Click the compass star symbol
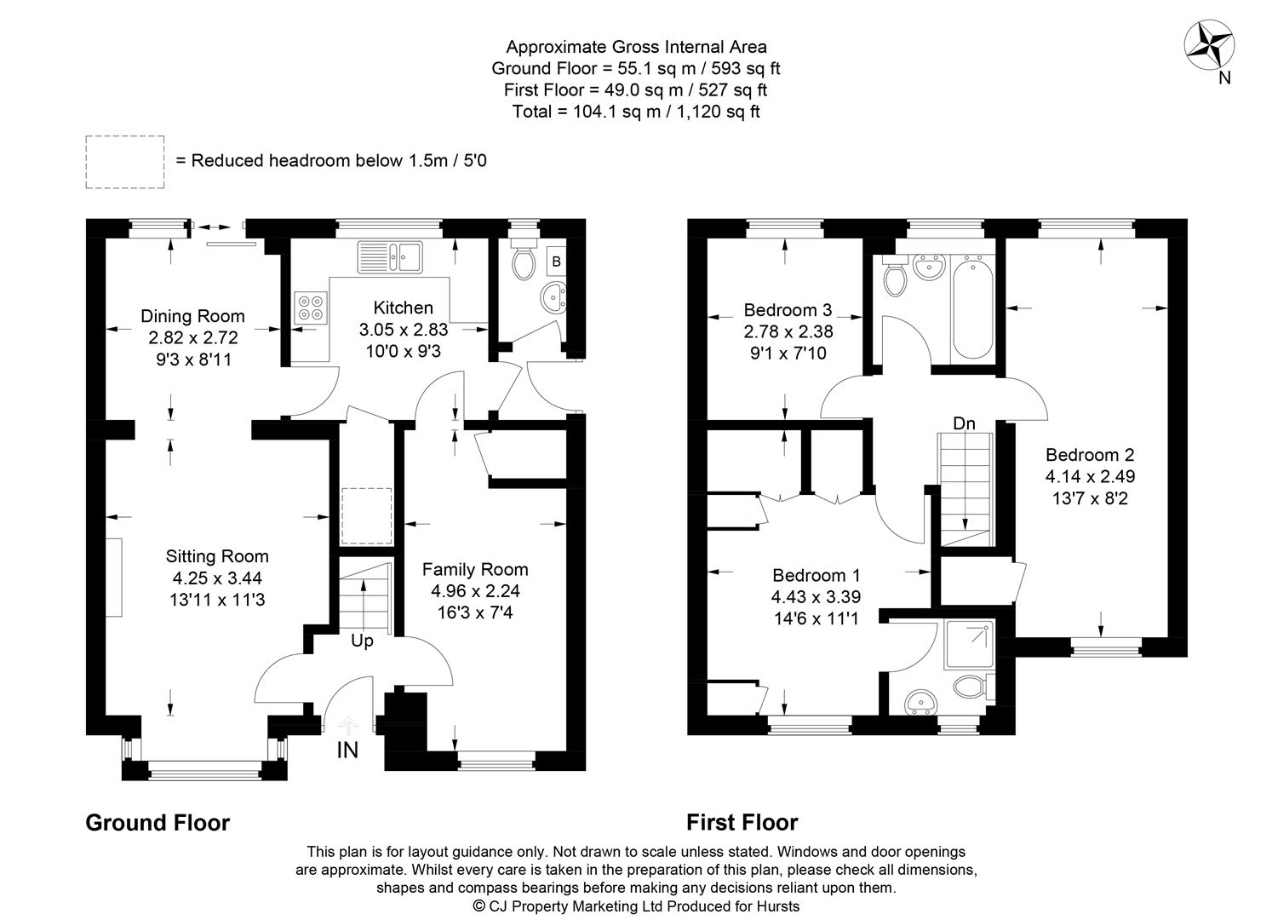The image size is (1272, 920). [x=1209, y=45]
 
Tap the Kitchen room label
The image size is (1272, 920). [x=404, y=308]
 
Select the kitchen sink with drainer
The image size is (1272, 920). [x=390, y=257]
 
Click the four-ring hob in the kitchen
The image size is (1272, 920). [x=311, y=308]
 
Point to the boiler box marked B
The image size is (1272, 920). [x=557, y=262]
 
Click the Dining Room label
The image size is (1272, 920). [x=192, y=316]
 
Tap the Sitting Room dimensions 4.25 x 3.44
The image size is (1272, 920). [x=217, y=578]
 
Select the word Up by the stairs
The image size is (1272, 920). [x=363, y=641]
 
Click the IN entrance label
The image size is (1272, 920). [x=347, y=750]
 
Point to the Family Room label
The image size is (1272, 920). [x=475, y=569]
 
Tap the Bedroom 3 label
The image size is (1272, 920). [x=788, y=310]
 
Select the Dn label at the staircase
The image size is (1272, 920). [x=965, y=423]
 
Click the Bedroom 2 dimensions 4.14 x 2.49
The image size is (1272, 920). [x=1091, y=476]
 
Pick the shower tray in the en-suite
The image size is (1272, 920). [x=970, y=644]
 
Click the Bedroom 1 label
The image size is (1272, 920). [x=816, y=575]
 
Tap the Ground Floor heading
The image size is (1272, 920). [x=158, y=823]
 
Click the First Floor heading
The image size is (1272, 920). [x=742, y=822]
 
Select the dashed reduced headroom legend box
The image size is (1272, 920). [x=125, y=162]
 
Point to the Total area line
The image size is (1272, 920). [x=636, y=112]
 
